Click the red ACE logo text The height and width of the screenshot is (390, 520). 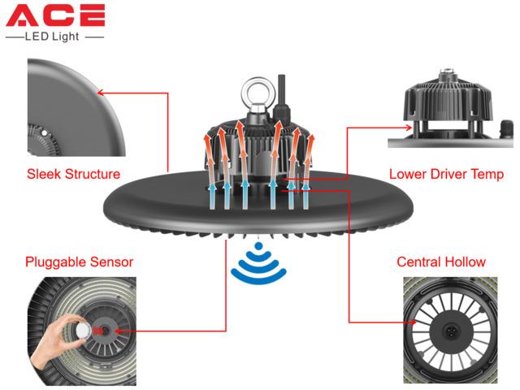click(55, 15)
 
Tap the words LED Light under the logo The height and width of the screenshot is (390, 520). click(52, 36)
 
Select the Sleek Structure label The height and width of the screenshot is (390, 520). click(73, 174)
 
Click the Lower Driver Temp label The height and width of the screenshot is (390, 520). click(446, 174)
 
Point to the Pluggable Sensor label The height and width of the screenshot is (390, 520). click(80, 262)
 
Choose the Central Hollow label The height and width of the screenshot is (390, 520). click(441, 262)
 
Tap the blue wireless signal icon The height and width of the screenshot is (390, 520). click(258, 263)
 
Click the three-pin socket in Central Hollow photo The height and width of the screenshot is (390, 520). click(450, 331)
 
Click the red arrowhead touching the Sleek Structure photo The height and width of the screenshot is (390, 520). click(101, 93)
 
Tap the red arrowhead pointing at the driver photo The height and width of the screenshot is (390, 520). click(408, 128)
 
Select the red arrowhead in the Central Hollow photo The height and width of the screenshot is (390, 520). click(412, 322)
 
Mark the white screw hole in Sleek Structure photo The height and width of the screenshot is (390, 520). click(44, 133)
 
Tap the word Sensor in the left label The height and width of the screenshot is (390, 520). click(111, 262)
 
